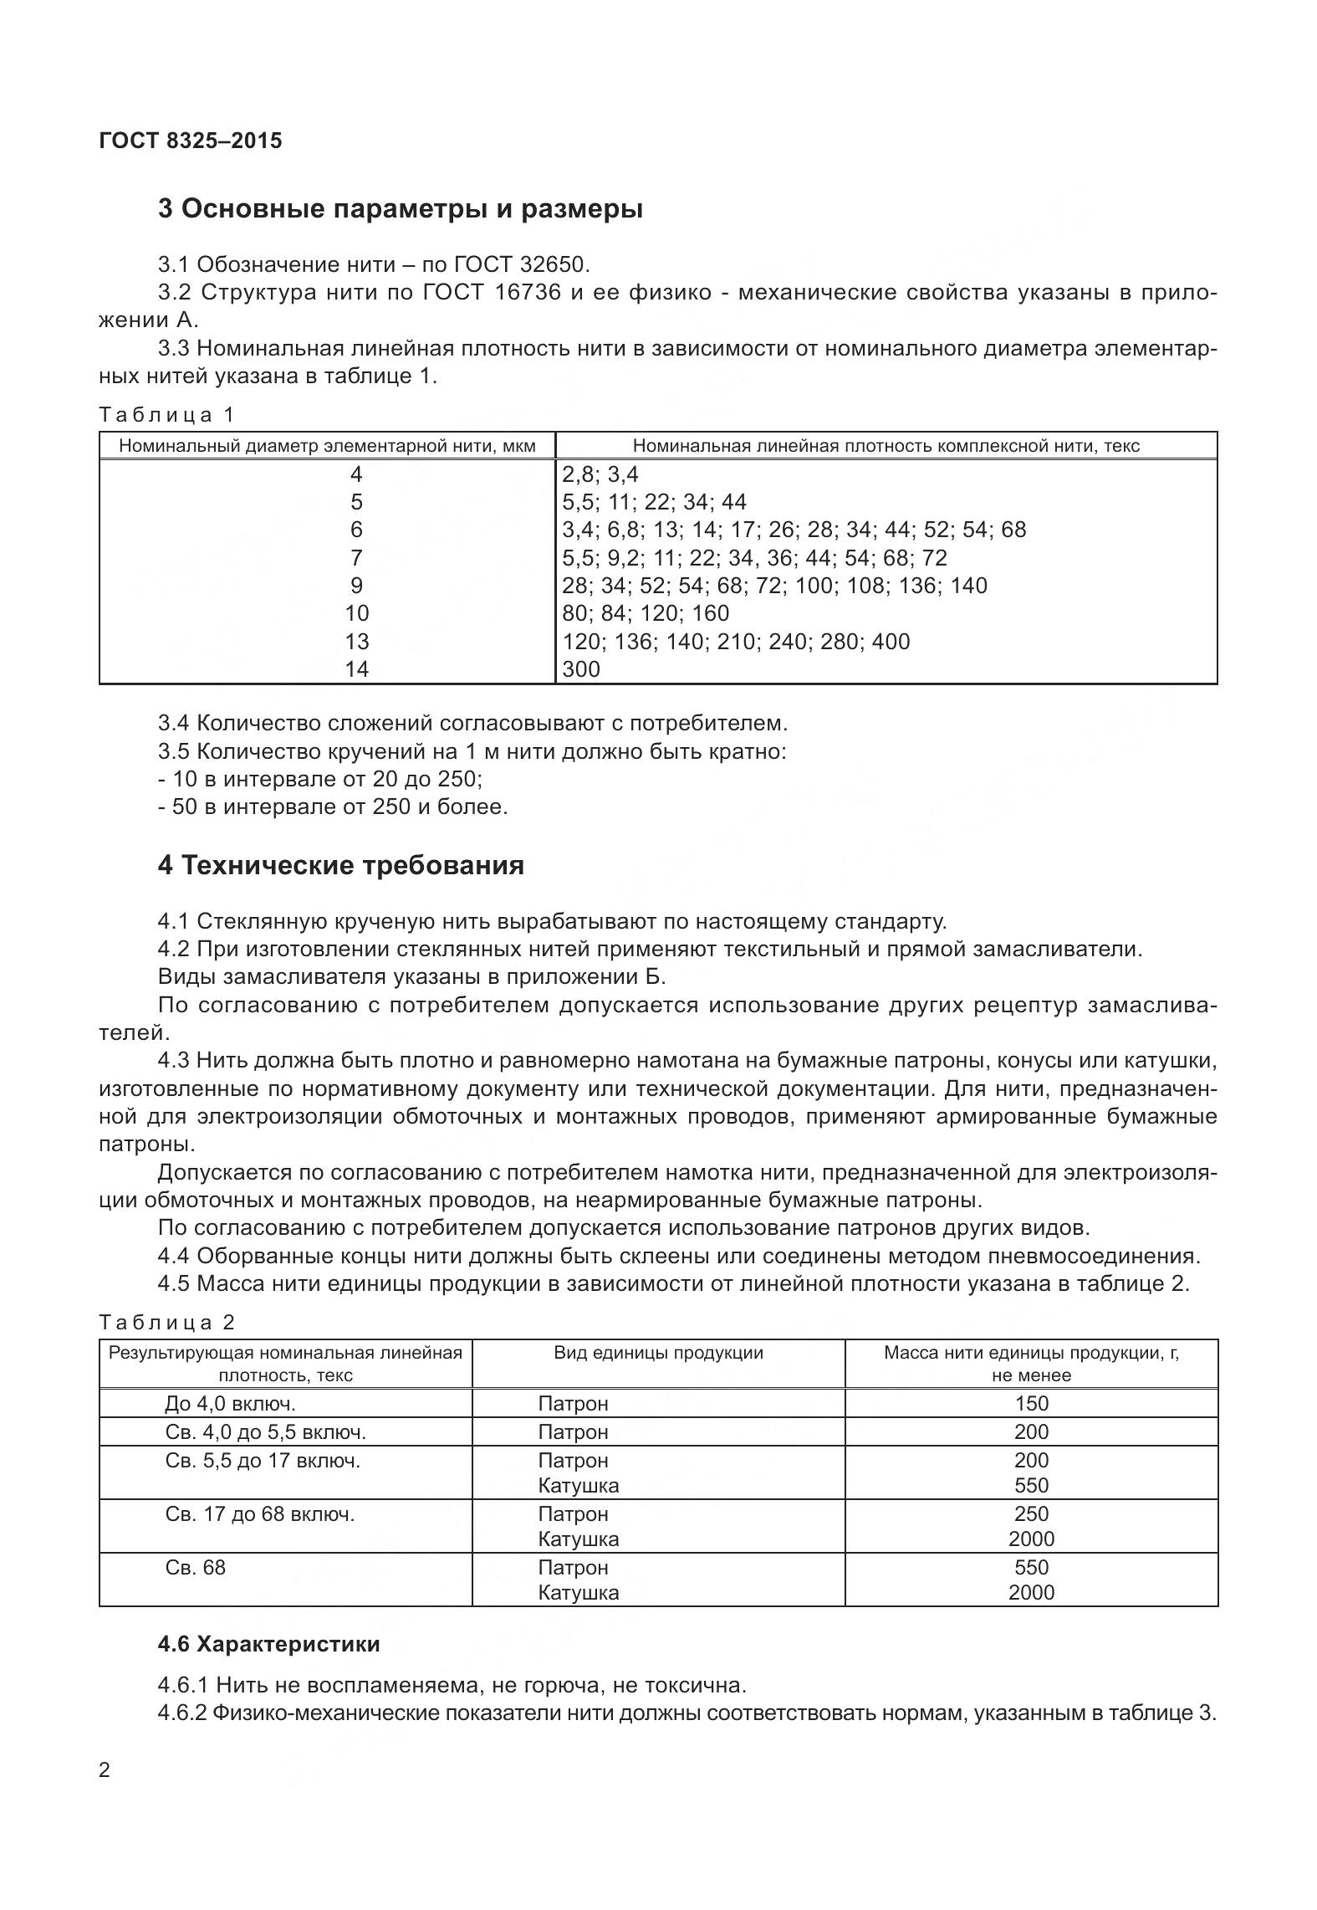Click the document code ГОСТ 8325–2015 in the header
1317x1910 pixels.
pyautogui.click(x=191, y=141)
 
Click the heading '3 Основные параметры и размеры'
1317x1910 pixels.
pyautogui.click(x=400, y=208)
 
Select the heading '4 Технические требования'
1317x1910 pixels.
pyautogui.click(x=340, y=864)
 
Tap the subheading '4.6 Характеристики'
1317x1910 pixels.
pyautogui.click(x=268, y=1644)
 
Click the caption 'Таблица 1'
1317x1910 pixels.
pyautogui.click(x=167, y=414)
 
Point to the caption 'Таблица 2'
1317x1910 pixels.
pyautogui.click(x=167, y=1322)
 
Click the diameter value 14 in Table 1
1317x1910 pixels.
pyautogui.click(x=356, y=668)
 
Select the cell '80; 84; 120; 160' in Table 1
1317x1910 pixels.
pyautogui.click(x=646, y=613)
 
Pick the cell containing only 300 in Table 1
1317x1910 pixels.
pyautogui.click(x=581, y=668)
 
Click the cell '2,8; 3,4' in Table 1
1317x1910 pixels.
pyautogui.click(x=600, y=474)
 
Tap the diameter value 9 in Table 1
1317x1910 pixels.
pyautogui.click(x=356, y=585)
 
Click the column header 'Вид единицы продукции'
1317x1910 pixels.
pyautogui.click(x=658, y=1353)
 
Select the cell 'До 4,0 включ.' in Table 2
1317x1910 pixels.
pyautogui.click(x=230, y=1403)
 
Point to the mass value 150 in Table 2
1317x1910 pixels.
pyautogui.click(x=1031, y=1403)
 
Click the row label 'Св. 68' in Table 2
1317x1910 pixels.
pyautogui.click(x=196, y=1567)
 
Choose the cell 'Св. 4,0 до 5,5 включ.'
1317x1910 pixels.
pyautogui.click(x=266, y=1431)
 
